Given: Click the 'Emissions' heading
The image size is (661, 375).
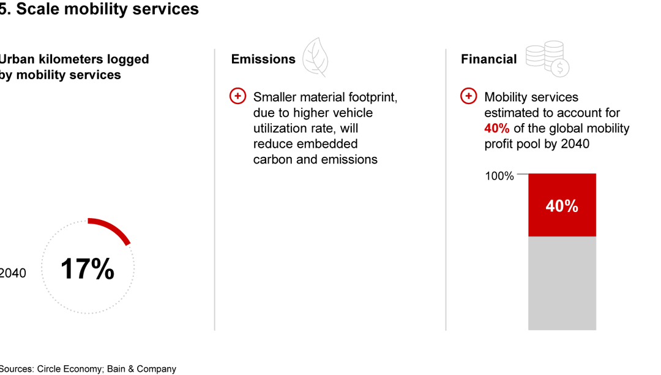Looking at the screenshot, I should pyautogui.click(x=263, y=59).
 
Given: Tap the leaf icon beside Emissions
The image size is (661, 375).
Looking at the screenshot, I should pyautogui.click(x=316, y=57).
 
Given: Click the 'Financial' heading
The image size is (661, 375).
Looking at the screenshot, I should pyautogui.click(x=488, y=59).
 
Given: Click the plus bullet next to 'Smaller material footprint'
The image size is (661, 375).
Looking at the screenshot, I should pyautogui.click(x=237, y=96).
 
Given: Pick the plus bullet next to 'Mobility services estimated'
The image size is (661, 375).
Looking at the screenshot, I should pyautogui.click(x=468, y=96).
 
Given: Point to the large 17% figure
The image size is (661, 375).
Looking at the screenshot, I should pyautogui.click(x=88, y=270).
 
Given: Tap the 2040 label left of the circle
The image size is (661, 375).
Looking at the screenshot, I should pyautogui.click(x=12, y=273).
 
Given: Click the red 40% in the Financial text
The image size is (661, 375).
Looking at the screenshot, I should pyautogui.click(x=497, y=129).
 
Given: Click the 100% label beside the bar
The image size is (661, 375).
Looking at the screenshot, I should pyautogui.click(x=499, y=176).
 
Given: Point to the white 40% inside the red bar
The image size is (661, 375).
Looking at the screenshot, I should pyautogui.click(x=562, y=206).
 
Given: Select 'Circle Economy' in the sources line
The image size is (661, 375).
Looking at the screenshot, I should pyautogui.click(x=70, y=369).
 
